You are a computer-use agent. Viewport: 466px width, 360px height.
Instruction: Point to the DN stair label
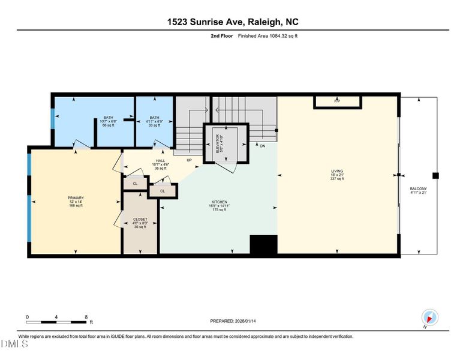[x=262, y=146]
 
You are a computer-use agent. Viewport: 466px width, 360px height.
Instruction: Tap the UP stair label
[x=189, y=160]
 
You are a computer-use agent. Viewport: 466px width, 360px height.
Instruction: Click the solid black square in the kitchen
[x=264, y=245]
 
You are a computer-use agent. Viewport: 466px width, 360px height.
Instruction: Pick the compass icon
[x=430, y=317]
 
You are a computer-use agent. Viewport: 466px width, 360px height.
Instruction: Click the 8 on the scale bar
[x=86, y=317]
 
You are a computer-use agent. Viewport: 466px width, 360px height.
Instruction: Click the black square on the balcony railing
[x=436, y=175]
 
